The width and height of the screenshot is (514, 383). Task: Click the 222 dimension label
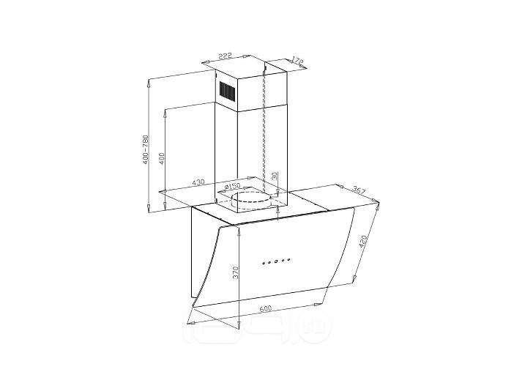[226, 56]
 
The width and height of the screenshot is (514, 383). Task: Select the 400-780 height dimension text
[146, 150]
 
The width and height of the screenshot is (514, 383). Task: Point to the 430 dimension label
[198, 182]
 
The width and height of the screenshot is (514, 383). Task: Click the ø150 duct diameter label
[232, 187]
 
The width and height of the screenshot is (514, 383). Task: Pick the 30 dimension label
[275, 176]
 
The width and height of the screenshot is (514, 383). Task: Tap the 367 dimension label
[359, 190]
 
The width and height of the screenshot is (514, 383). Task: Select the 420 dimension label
[364, 242]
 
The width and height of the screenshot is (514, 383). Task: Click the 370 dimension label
[236, 273]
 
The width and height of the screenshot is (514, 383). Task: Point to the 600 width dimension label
[266, 308]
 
